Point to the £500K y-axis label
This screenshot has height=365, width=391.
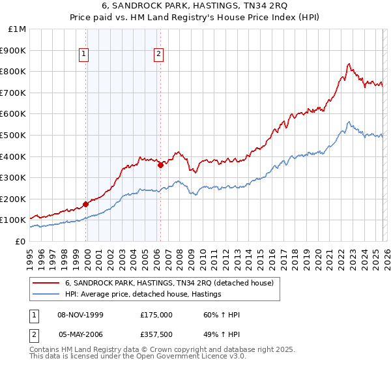pos(15,136)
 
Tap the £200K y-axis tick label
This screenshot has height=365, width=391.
pos(15,199)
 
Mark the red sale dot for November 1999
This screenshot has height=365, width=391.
pos(86,204)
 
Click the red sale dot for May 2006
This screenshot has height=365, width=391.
pos(160,166)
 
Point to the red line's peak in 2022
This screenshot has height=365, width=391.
pos(349,64)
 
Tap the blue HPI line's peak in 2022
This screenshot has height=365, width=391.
pos(349,122)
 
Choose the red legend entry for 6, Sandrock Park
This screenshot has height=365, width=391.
pos(173,283)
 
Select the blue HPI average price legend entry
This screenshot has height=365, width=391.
pos(143,295)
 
